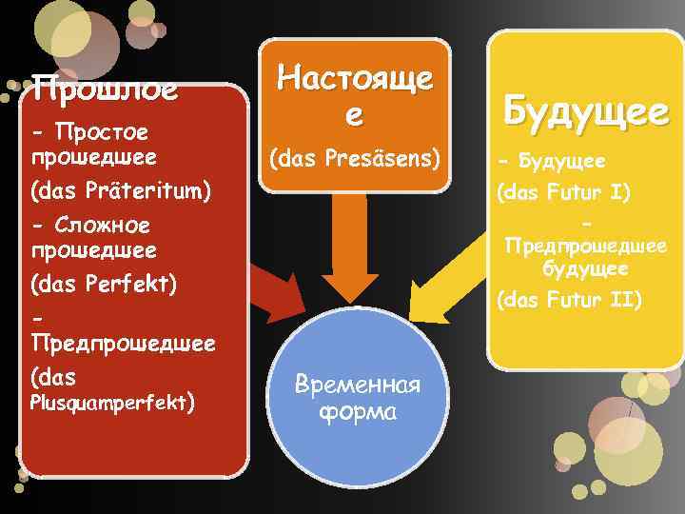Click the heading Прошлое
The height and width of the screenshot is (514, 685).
pos(105,91)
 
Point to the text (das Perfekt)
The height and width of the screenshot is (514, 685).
pos(105,284)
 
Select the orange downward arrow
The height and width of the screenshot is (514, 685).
pos(354,257)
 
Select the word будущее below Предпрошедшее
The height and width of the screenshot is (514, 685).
pos(585,269)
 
